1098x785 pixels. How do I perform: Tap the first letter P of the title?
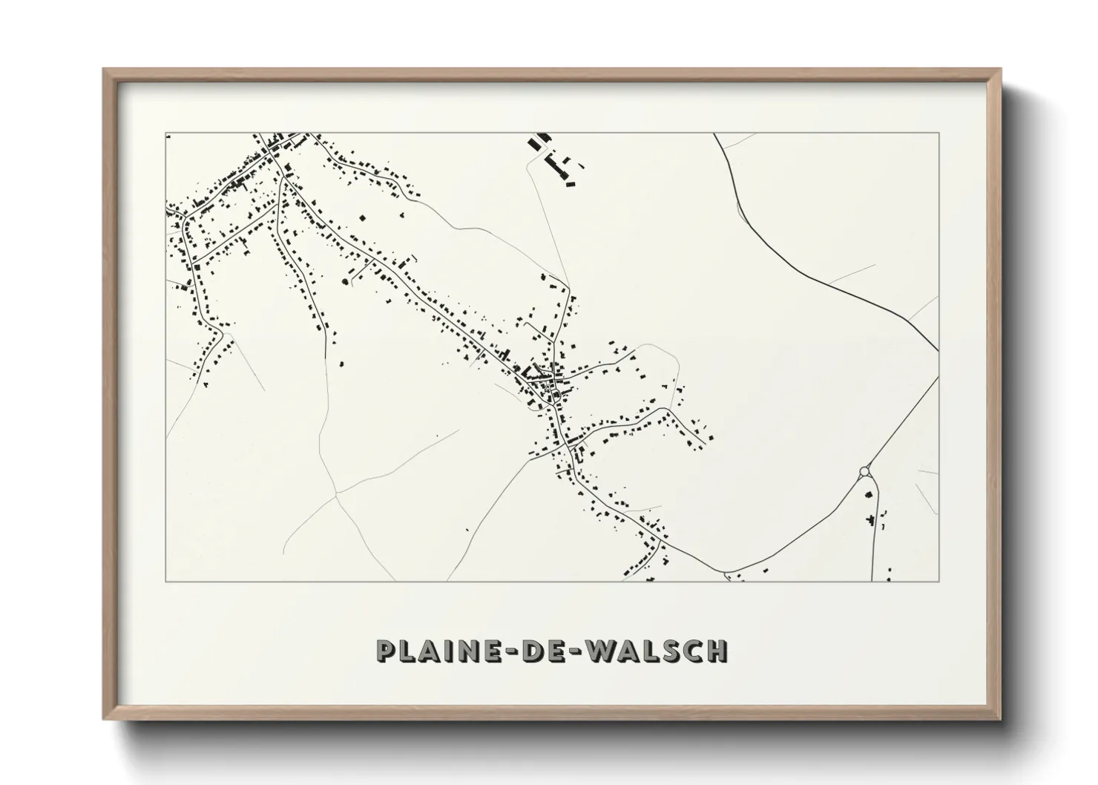coord(387,651)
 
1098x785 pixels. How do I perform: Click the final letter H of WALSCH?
coord(716,651)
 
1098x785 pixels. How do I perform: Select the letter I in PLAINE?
coord(444,651)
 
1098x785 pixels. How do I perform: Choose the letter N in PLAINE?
coord(461,651)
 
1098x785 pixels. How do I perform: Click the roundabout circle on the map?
coord(864,471)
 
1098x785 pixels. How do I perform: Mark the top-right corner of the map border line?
coord(938,133)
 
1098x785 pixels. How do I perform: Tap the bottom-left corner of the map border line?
coord(165,582)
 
